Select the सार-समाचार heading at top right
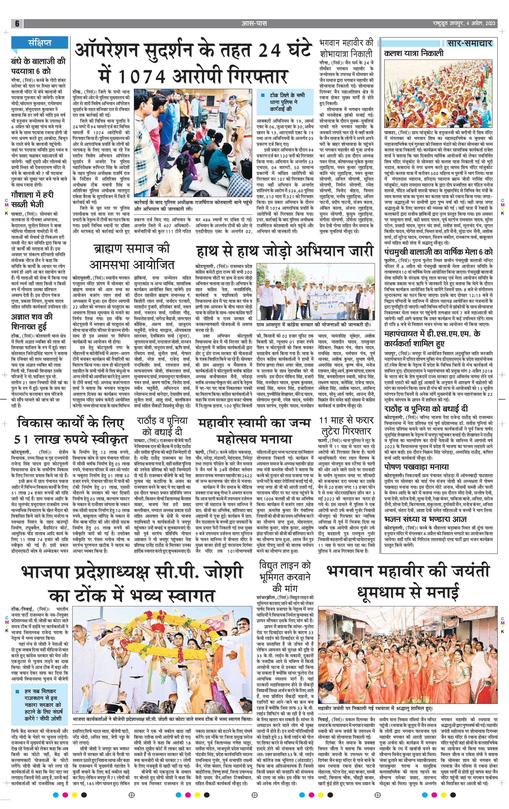(469, 43)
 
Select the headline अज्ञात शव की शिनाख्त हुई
(32, 321)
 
